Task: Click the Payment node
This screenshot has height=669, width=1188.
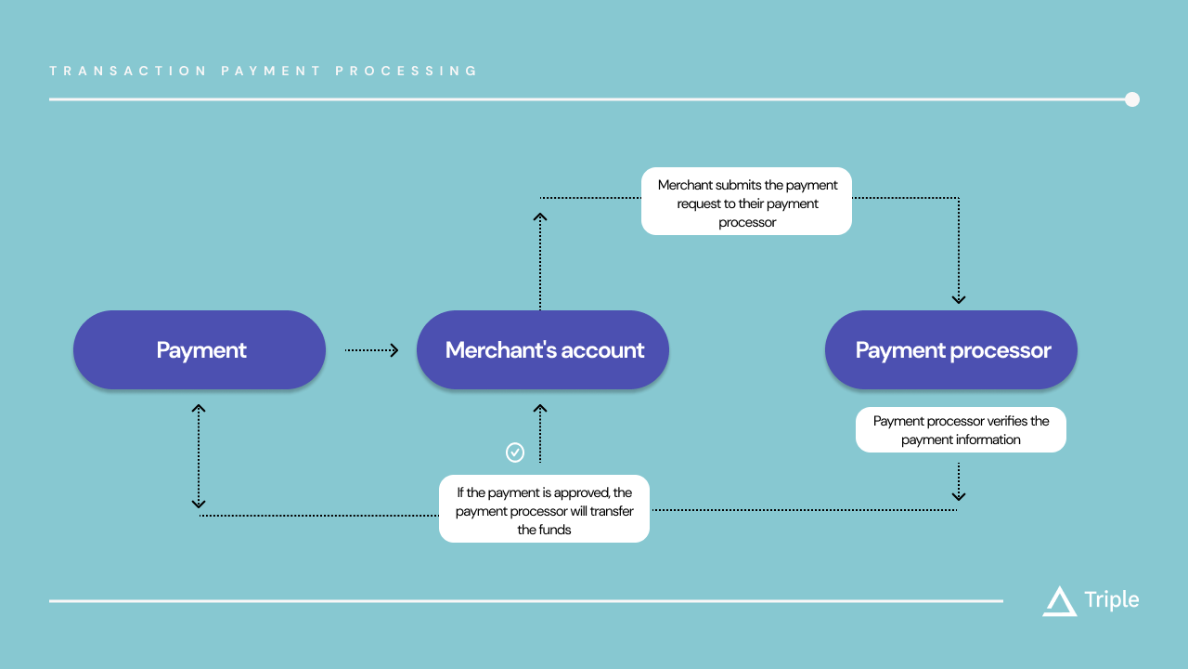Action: tap(200, 350)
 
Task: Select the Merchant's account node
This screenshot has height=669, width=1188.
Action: tap(543, 350)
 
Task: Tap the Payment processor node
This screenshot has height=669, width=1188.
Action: tap(951, 350)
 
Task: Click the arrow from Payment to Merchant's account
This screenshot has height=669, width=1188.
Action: tap(371, 350)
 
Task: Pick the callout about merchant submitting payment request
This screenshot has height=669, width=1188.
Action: tap(746, 201)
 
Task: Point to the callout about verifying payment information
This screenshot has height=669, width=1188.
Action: tap(961, 430)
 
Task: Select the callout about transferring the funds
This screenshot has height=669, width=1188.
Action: tap(544, 509)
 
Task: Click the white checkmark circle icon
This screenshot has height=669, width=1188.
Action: tap(515, 453)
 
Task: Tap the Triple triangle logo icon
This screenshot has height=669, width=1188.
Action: tap(1059, 601)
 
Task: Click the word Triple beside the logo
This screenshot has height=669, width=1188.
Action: tap(1112, 600)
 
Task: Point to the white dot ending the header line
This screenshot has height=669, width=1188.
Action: tap(1132, 99)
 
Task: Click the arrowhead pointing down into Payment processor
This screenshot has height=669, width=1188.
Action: tap(959, 299)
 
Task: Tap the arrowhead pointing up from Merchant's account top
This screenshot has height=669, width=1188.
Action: tap(540, 216)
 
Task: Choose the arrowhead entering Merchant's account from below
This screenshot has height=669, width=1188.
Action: tap(540, 408)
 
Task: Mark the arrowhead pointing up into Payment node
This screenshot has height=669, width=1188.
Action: tap(199, 408)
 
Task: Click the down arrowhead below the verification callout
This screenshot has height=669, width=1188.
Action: tap(959, 497)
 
